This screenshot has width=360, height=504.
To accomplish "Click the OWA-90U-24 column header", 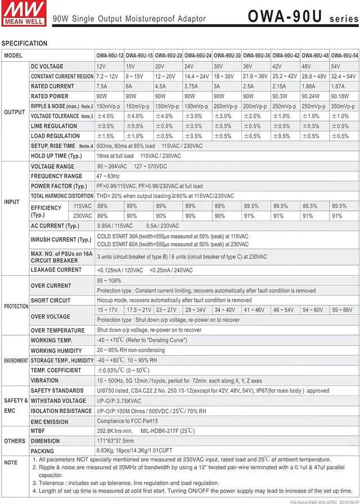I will [x=198, y=56].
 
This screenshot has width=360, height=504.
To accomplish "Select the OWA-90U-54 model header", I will [x=344, y=56].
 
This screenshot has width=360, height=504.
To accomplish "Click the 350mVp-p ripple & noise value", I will [x=344, y=106].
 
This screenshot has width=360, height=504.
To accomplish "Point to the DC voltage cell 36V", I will [x=248, y=66].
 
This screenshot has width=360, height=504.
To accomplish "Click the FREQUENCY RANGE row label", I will [x=56, y=176].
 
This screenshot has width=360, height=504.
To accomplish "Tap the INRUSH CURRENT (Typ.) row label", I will [x=61, y=240].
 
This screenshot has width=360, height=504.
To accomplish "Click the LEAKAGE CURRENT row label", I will [x=56, y=270].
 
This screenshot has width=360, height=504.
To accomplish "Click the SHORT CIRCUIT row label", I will [x=51, y=300].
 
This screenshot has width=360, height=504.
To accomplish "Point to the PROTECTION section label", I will [x=16, y=307].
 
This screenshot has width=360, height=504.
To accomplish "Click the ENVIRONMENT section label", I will [x=16, y=360].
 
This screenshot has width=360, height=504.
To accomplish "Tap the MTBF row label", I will [x=39, y=431].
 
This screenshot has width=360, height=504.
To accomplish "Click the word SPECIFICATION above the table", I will [x=24, y=43].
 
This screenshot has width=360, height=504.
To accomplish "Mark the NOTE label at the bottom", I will [x=11, y=462].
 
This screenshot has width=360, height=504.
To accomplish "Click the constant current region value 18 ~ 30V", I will [x=224, y=76].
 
